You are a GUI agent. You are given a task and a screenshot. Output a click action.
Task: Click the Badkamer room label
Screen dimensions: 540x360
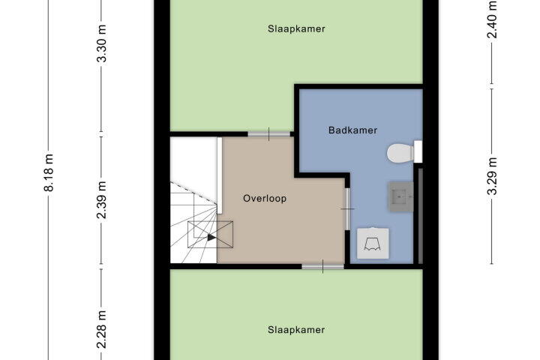tap(352, 130)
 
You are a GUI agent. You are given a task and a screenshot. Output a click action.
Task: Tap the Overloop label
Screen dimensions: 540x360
tap(265, 199)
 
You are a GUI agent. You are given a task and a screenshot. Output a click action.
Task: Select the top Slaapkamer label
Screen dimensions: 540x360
tap(296, 29)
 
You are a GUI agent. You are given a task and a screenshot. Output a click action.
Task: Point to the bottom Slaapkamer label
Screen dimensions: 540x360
tap(296, 330)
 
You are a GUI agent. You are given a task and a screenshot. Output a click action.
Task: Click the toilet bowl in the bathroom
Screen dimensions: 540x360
tap(400, 152)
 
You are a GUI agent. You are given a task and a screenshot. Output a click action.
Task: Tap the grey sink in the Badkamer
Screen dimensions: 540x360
tap(400, 196)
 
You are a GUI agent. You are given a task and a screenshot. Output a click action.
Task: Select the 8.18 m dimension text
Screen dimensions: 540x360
tap(49, 172)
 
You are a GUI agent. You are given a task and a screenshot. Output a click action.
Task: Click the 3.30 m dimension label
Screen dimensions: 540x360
tap(101, 43)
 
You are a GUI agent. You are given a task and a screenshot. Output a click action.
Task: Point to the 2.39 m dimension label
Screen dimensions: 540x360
tap(101, 200)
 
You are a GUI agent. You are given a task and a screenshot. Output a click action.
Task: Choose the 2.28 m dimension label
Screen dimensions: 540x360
tap(101, 330)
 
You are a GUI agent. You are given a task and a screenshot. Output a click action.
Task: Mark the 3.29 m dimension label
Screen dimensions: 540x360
tap(492, 176)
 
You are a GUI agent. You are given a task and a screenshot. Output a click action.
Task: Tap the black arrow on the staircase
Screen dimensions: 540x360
tap(211, 237)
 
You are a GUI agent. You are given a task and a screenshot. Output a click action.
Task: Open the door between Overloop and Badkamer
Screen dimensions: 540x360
tap(347, 209)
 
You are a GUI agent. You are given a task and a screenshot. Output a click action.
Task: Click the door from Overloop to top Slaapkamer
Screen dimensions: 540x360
tap(269, 134)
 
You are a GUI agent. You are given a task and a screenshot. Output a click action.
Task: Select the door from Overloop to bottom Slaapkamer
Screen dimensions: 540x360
tap(322, 266)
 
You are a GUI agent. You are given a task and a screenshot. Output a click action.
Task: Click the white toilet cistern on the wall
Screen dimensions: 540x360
tap(418, 151)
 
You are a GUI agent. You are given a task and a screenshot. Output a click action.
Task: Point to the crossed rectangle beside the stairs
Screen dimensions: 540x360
tap(211, 234)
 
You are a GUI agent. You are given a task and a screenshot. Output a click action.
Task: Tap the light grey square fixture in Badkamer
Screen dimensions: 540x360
tap(373, 243)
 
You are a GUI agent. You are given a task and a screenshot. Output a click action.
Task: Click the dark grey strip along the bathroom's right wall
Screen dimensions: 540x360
tap(421, 216)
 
